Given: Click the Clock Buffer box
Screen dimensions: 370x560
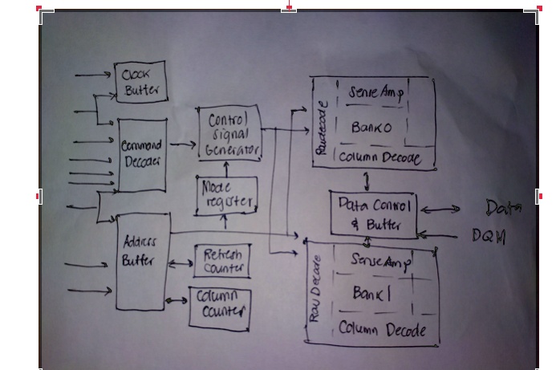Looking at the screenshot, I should point(140,83).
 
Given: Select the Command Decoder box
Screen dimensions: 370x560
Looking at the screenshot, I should point(141,154).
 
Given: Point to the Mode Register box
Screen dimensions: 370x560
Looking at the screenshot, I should point(225,195).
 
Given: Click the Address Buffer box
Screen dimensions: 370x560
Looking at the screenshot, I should point(143,260).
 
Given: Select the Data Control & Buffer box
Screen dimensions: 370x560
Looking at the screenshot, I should point(373,213).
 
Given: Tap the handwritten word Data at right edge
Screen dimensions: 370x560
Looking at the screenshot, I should point(503,208).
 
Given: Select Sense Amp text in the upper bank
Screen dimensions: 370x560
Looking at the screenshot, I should point(375,91).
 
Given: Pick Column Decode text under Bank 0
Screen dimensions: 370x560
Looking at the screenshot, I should point(377,158).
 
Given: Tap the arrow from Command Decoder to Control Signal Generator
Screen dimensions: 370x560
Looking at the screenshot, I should point(183,145).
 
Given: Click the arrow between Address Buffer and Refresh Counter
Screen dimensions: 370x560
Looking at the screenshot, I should point(181,260).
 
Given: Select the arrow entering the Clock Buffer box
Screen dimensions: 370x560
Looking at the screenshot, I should point(94,75).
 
